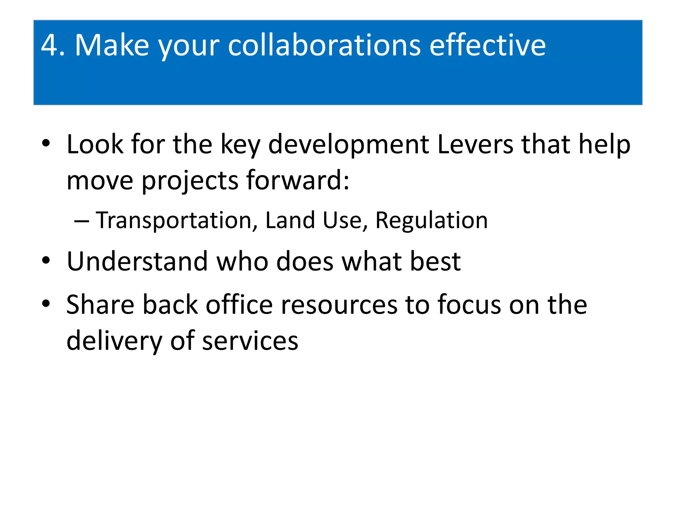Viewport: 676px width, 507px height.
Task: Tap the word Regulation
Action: coord(431,220)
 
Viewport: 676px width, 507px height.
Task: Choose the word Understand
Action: coord(137,261)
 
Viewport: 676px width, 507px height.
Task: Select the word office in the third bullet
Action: coord(239,304)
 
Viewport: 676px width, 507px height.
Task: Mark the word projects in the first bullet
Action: coord(190,181)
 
